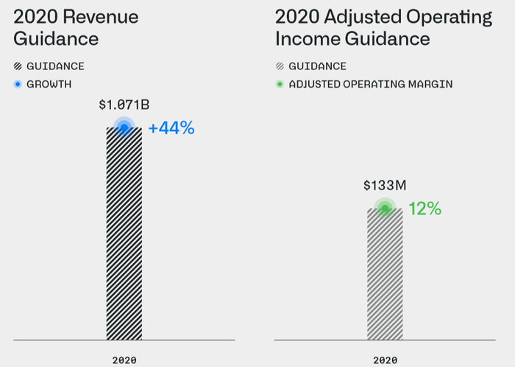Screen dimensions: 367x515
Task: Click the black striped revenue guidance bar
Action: (x=124, y=234)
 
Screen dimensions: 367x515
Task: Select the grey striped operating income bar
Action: (x=385, y=274)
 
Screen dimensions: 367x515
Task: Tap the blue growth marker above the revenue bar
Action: (x=124, y=128)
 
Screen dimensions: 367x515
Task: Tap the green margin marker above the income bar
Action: (x=385, y=209)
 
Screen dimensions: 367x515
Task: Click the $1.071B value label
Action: (x=124, y=105)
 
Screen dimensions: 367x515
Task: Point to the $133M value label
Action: (x=385, y=186)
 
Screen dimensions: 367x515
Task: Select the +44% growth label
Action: (x=171, y=128)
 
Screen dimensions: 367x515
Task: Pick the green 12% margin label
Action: (x=425, y=209)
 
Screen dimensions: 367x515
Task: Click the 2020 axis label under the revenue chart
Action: (x=124, y=360)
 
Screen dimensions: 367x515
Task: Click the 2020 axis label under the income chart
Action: (x=385, y=360)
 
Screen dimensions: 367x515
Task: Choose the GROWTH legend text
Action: (x=49, y=84)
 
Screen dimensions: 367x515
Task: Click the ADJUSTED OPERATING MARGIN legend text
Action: (x=371, y=84)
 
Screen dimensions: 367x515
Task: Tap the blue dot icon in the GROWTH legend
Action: (x=18, y=84)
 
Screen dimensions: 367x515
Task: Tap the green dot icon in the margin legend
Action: (x=279, y=84)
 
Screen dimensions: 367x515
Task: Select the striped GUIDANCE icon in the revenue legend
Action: (x=18, y=66)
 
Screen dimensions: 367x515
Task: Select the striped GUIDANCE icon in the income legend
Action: (x=279, y=66)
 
